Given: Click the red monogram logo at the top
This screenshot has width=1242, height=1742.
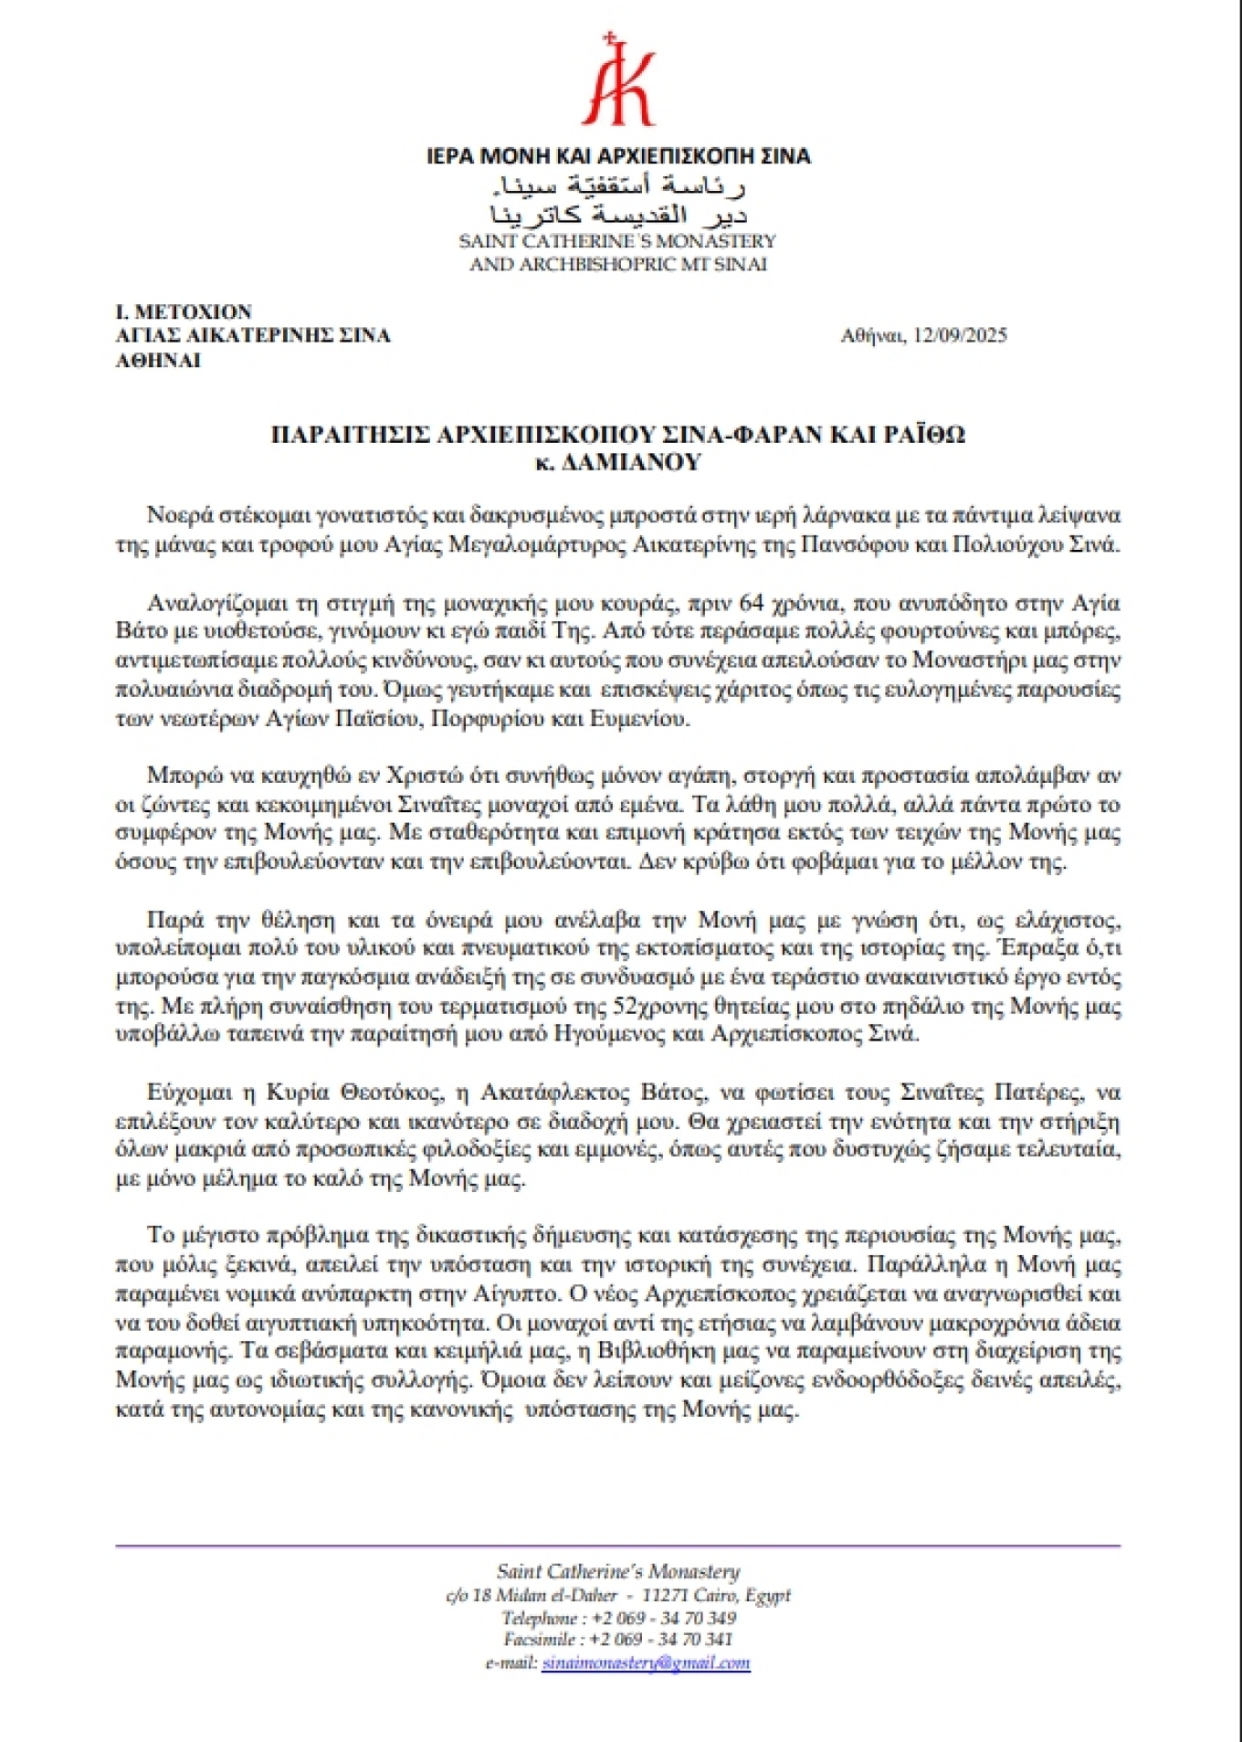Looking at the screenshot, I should tap(618, 82).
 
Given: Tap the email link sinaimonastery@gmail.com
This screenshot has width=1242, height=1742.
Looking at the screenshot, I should tap(646, 1663).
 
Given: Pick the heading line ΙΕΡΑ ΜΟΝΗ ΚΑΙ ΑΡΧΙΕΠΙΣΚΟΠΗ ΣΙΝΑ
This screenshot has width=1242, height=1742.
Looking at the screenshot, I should tap(618, 156).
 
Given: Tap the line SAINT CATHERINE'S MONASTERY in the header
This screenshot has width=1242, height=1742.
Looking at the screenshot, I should tap(617, 241).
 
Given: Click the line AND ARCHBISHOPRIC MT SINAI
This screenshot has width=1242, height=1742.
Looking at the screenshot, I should tap(617, 264).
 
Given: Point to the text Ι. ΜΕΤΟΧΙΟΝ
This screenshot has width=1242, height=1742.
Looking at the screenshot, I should tap(184, 311).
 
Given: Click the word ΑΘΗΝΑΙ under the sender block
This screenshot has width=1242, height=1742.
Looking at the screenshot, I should tap(158, 360).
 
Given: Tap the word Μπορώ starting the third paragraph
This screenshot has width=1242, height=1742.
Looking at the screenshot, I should tap(176, 775).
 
